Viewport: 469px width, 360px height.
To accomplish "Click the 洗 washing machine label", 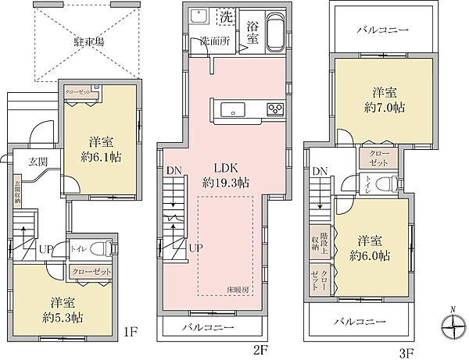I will pyautogui.click(x=227, y=17).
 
